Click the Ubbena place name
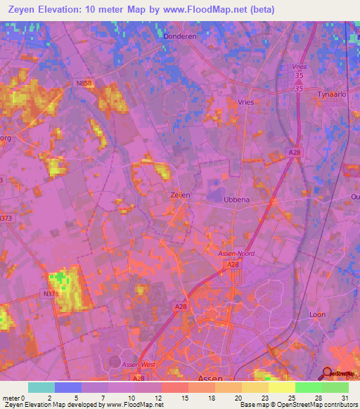click(236, 200)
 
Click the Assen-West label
click(159, 365)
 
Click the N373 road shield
click(7, 219)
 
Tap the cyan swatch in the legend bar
click(41, 387)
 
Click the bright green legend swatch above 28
click(308, 387)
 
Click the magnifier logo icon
click(328, 374)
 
